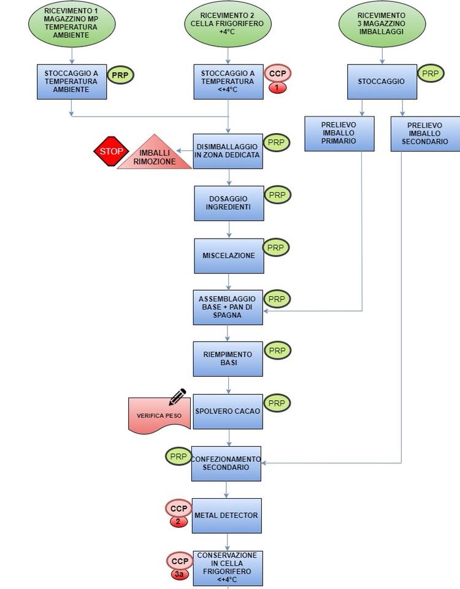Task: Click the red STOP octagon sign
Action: tap(111, 151)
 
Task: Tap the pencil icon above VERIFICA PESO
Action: tap(177, 397)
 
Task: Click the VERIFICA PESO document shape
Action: tap(159, 415)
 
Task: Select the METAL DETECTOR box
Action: tap(226, 515)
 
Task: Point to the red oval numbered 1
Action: tap(277, 88)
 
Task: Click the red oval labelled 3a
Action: tap(180, 574)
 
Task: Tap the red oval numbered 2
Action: tap(178, 522)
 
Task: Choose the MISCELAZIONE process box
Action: tap(229, 256)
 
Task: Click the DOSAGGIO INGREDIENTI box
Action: tap(229, 203)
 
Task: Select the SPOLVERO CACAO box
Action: tap(228, 411)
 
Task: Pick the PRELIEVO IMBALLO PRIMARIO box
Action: tap(339, 134)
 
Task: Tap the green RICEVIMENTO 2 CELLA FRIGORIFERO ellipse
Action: tap(228, 24)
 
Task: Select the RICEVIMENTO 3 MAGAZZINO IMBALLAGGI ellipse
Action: tap(382, 24)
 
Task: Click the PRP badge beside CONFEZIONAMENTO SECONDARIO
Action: tap(178, 456)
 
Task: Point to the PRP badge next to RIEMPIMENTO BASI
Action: tap(277, 350)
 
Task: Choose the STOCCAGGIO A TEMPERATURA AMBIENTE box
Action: tap(72, 82)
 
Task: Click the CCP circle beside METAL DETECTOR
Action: tap(178, 508)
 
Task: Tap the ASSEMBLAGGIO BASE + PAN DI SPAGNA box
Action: tap(228, 307)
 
